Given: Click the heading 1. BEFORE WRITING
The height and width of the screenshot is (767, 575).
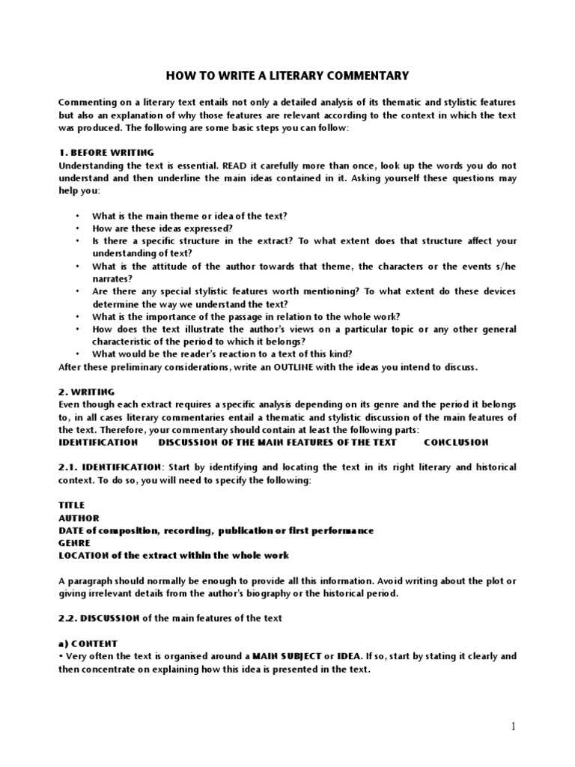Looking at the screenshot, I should coord(106,152).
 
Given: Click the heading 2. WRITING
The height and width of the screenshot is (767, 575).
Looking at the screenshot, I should coord(86,392).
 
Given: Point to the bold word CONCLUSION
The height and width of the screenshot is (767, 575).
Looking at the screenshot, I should coord(456,442).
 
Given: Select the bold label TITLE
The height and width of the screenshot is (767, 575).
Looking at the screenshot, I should coord(72,505).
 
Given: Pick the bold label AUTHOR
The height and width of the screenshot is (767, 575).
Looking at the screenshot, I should coord(79,518).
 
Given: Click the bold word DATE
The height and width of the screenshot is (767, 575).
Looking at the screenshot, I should coord(73,530).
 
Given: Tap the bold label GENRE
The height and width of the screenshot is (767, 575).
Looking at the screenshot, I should coord(74,543).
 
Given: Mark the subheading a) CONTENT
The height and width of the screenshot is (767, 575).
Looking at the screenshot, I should coord(88,643).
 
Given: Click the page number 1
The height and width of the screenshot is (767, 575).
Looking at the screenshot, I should coord(514,727).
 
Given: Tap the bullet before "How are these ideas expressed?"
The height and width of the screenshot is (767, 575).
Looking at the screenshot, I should coord(77,228).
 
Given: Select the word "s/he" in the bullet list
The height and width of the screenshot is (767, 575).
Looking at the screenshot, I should coord(505,267).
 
